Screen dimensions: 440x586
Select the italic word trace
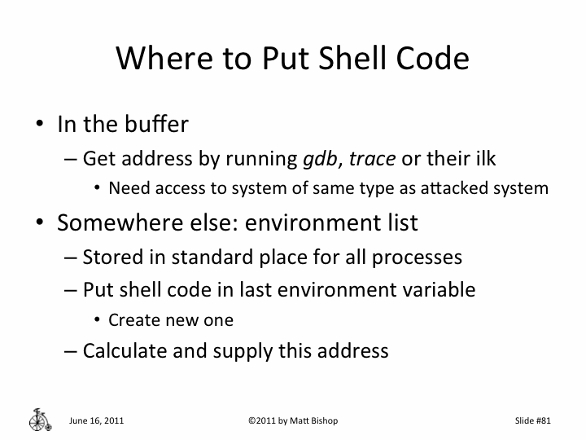[368, 159]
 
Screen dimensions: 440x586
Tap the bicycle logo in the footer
[39, 419]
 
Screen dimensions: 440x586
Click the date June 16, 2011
[97, 420]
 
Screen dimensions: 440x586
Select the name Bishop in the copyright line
[321, 420]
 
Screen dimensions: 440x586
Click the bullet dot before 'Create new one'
[98, 320]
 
